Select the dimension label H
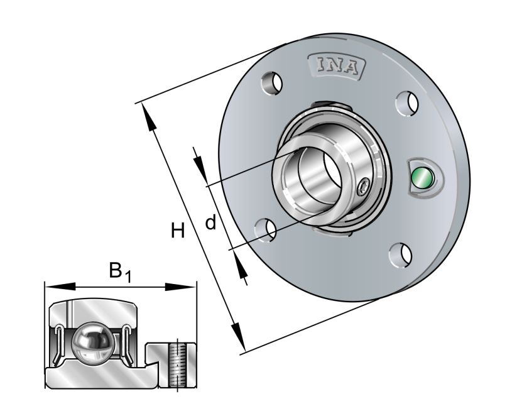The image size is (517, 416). pos(178,231)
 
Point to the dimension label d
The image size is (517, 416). pos(211,222)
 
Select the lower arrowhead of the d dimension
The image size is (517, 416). pos(241,269)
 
